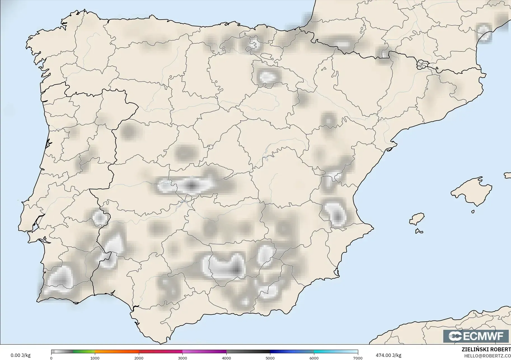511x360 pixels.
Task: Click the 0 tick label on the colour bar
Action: [51, 358]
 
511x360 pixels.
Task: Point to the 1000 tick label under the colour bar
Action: [95, 358]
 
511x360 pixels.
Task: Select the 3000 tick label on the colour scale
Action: [182, 358]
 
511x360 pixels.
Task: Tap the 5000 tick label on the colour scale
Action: [270, 358]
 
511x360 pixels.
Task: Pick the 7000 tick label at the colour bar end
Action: [358, 358]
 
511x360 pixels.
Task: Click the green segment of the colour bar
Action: [84, 352]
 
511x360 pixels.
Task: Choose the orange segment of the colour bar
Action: [117, 352]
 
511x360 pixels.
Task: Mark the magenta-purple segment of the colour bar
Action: [204, 352]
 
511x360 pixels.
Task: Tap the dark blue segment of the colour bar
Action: [292, 352]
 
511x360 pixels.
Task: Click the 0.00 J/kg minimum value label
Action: [20, 355]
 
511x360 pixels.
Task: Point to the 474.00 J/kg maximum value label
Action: [388, 355]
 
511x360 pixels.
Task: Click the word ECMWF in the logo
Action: [483, 336]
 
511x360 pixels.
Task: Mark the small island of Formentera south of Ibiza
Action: [419, 231]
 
